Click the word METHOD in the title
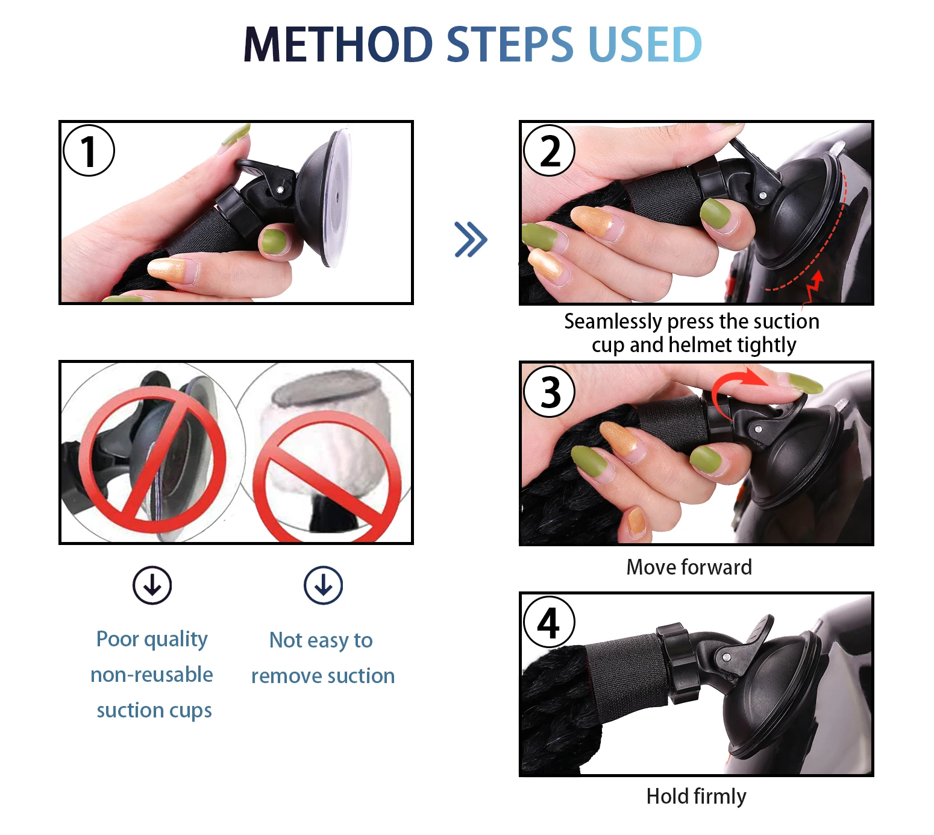[338, 44]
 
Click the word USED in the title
[645, 44]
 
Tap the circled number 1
[89, 151]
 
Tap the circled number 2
[548, 151]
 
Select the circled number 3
[548, 392]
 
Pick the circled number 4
[548, 622]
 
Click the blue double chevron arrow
[470, 239]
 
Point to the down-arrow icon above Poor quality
[152, 585]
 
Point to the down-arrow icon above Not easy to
[323, 585]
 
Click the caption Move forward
[689, 567]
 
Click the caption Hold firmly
[696, 796]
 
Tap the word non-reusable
[152, 675]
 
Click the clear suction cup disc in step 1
[337, 198]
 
